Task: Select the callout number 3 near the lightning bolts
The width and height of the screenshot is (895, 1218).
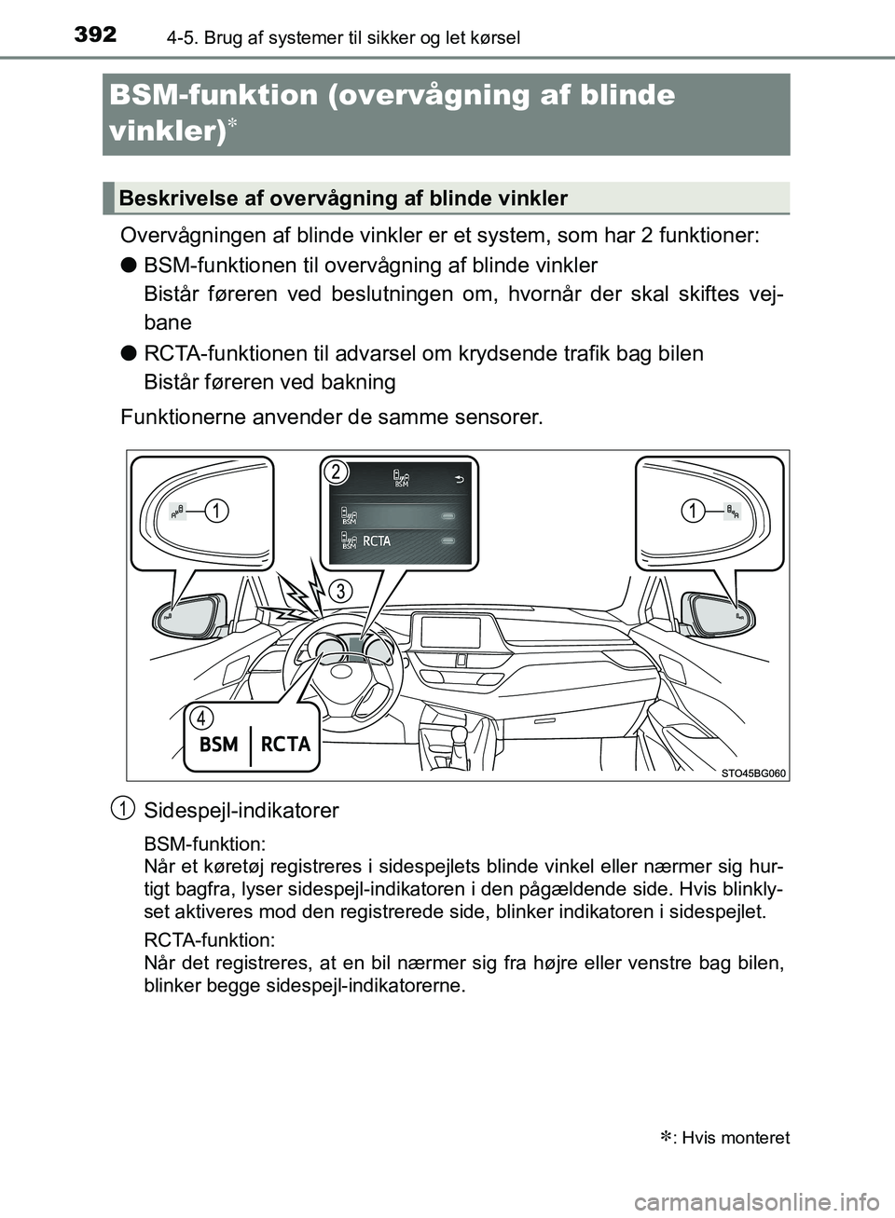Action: [x=342, y=591]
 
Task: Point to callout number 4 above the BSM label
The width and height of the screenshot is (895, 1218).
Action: [x=200, y=718]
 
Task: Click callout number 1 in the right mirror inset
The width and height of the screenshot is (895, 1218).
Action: [x=692, y=511]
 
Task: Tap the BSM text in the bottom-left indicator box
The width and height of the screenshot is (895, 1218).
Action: [x=219, y=745]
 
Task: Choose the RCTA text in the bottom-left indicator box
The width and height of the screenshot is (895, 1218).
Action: [x=285, y=745]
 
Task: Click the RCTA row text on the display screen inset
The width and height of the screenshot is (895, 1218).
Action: [x=377, y=541]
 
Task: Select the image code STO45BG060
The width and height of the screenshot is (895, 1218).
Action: [x=753, y=773]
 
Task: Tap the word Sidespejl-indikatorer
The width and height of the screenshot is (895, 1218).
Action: [x=241, y=811]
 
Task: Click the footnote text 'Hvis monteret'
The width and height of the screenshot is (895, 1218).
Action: [x=736, y=1138]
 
